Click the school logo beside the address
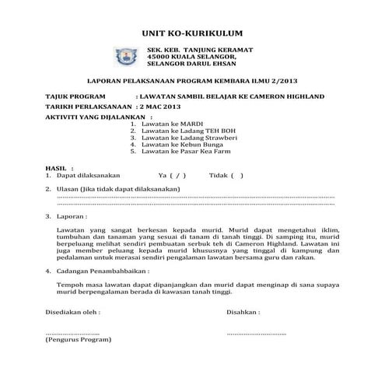tap(124, 57)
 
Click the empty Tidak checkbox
tap(236, 176)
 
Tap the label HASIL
tap(58, 167)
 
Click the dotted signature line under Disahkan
tap(256, 333)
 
